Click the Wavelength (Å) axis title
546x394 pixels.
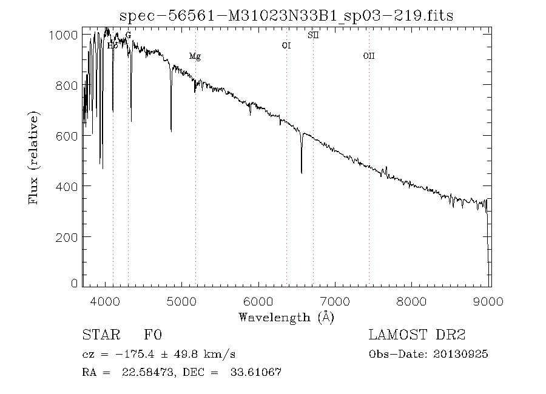click(286, 316)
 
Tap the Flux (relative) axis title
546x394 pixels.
click(35, 158)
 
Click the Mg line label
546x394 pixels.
click(195, 56)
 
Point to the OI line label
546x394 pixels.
click(286, 45)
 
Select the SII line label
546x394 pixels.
click(313, 35)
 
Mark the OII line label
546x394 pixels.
click(369, 56)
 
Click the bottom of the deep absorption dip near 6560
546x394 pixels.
click(302, 173)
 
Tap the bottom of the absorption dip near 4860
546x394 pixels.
click(171, 130)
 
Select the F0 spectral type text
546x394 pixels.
click(153, 335)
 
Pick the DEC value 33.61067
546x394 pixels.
click(257, 372)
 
